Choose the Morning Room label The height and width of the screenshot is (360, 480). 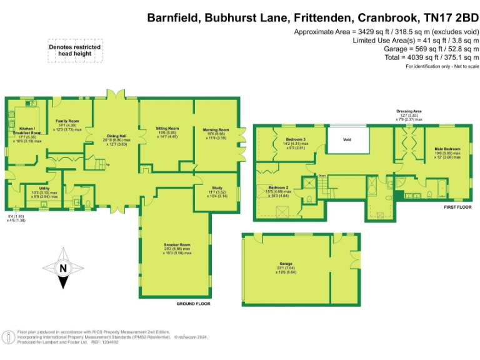point(216,130)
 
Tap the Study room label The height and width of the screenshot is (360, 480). point(217,187)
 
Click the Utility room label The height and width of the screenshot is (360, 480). point(44,188)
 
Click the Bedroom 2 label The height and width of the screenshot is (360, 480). point(279,187)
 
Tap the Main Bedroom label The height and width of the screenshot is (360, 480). point(447,149)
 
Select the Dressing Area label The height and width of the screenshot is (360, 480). point(409,111)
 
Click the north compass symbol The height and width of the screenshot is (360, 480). point(63,269)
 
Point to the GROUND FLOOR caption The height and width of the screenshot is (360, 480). point(192,304)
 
